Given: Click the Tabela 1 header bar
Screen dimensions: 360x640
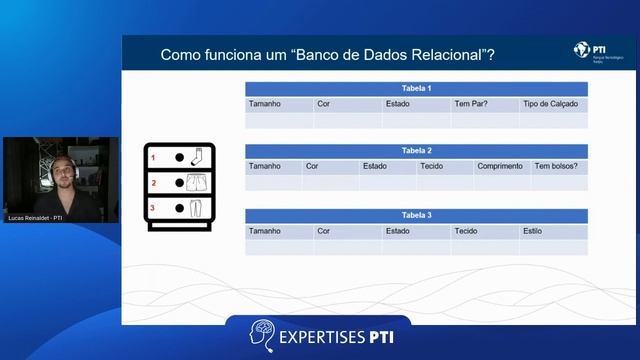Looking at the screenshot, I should coord(416,89).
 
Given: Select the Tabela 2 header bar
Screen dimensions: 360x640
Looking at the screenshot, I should coord(416,151).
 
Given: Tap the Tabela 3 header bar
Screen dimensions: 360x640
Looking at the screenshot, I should coord(416,215).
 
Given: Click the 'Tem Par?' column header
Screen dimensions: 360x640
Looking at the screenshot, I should coord(470,104).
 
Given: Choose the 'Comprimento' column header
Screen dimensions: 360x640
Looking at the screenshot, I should coord(499,167).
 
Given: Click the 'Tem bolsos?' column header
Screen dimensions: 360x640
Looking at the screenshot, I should coord(556,167).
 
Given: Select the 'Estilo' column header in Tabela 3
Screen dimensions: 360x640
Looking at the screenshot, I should coord(533,231).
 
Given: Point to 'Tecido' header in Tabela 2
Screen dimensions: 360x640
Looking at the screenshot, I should coord(432,167).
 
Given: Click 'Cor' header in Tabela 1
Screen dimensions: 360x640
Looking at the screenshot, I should coord(323,104).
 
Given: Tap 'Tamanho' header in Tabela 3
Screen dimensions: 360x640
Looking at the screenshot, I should coord(265,231).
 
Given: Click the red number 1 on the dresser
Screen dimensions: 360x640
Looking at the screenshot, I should coord(154,158).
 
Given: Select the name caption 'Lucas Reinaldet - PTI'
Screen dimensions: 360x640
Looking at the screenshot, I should coord(35,217).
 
